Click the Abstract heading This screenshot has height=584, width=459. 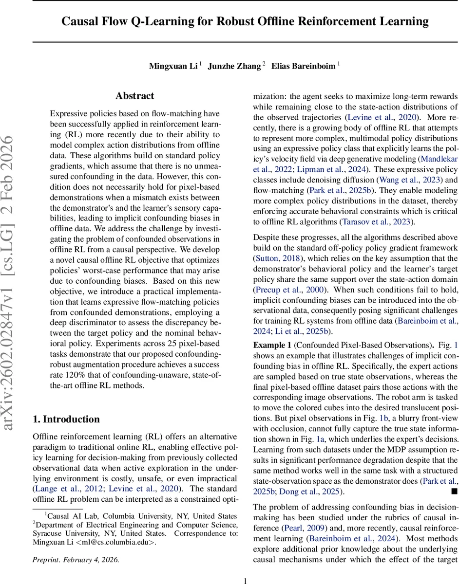pyautogui.click(x=134, y=96)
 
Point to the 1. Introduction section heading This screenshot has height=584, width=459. pyautogui.click(x=66, y=419)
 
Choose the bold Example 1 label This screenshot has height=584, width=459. pyautogui.click(x=272, y=331)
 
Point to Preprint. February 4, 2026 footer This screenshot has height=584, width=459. pyautogui.click(x=76, y=559)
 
